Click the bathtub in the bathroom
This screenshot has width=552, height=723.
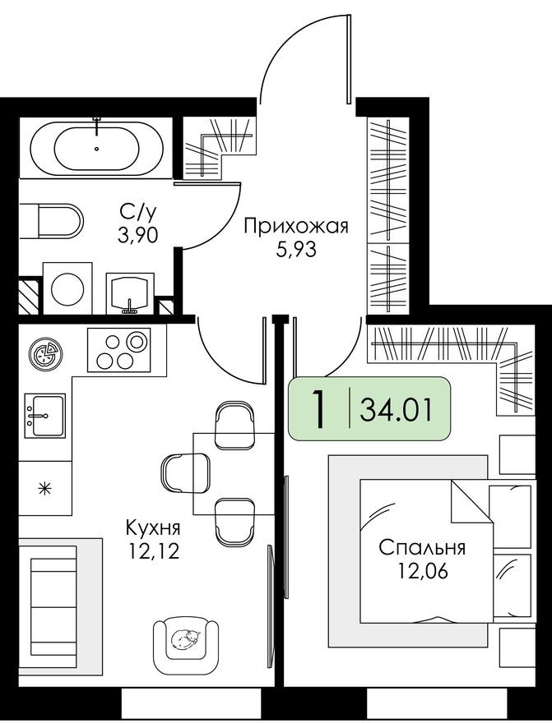[96, 149]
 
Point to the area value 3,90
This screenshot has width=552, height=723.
[137, 237]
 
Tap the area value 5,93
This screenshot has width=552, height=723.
[296, 248]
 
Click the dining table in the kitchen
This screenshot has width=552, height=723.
[234, 473]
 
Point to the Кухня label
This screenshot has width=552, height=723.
[152, 527]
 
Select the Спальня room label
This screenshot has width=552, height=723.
[422, 547]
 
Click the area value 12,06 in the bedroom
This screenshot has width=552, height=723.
[422, 569]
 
